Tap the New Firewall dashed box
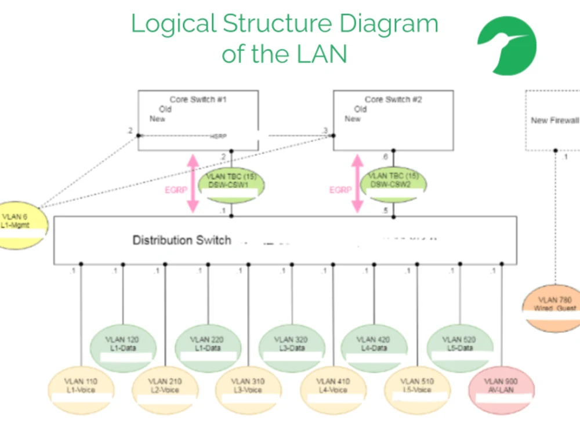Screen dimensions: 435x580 (x=554, y=121)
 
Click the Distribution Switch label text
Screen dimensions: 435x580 (x=182, y=240)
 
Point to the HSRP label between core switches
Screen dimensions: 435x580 (x=218, y=137)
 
